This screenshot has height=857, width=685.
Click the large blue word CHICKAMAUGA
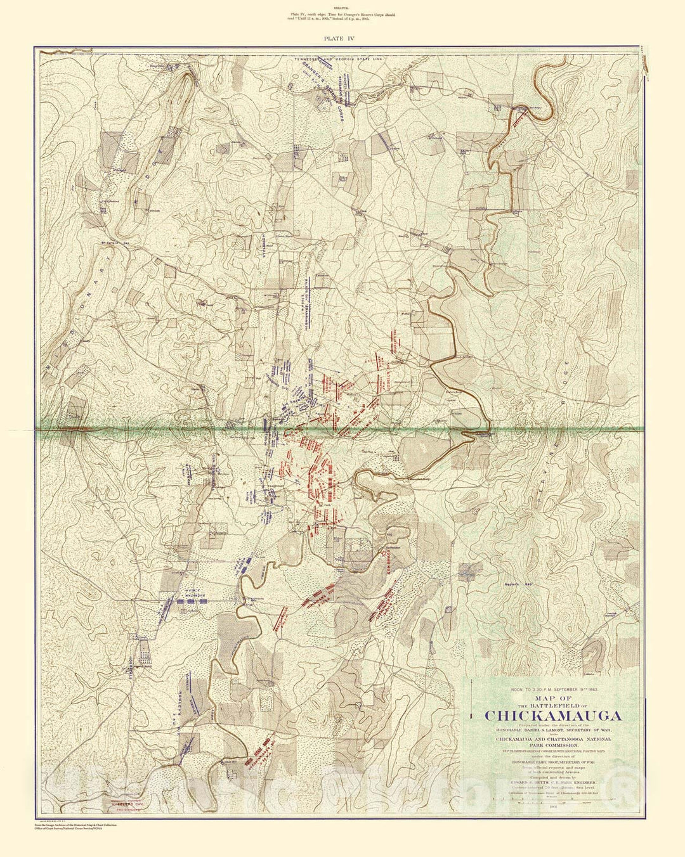(x=552, y=716)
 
